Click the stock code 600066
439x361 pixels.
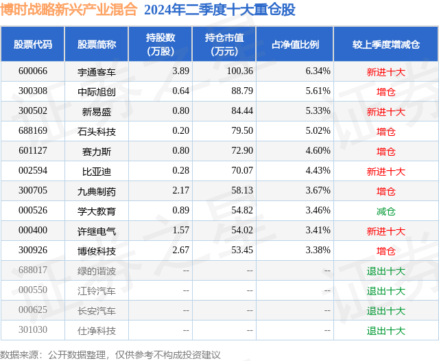(33, 71)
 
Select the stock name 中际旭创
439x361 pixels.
(97, 91)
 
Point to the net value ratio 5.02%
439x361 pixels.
(318, 130)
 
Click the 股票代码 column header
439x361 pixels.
(33, 45)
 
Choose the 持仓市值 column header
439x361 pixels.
(224, 45)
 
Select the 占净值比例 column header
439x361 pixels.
(295, 45)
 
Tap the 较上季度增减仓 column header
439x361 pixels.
(385, 45)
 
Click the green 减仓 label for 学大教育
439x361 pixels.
(385, 211)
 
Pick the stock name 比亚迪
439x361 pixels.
(97, 171)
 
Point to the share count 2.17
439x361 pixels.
(181, 191)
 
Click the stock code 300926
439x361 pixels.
(33, 251)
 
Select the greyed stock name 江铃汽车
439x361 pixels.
(97, 290)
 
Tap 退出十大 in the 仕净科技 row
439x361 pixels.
(385, 330)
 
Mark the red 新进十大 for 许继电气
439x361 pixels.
(385, 231)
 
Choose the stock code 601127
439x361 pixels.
(33, 150)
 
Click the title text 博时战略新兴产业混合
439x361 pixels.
(69, 10)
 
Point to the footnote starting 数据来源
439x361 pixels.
(110, 354)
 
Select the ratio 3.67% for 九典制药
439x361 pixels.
(318, 191)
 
